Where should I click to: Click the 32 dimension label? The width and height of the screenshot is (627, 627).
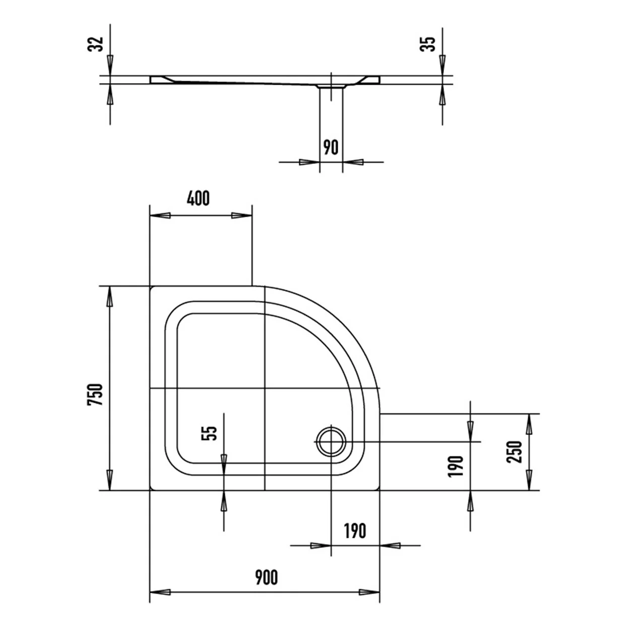(x=96, y=44)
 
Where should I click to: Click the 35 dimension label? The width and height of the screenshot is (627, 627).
(x=427, y=44)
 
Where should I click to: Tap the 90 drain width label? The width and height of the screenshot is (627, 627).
(x=331, y=147)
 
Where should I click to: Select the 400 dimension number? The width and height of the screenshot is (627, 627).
(x=198, y=199)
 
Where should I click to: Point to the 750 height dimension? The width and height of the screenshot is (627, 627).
(x=95, y=395)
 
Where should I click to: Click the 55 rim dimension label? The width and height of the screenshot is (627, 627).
(x=209, y=433)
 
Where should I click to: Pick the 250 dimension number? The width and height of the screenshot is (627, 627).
(x=515, y=452)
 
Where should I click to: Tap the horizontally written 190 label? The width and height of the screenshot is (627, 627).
(x=355, y=531)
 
